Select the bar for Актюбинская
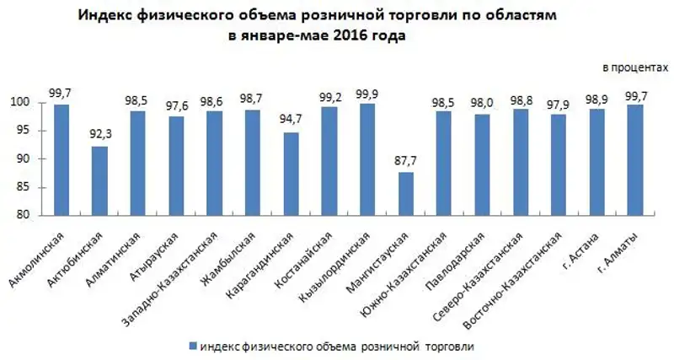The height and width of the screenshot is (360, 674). coord(99,180)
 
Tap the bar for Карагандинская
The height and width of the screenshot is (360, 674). coord(291,174)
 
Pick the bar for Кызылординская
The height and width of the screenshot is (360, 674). coord(367,159)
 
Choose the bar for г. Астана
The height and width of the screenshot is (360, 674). coord(597,162)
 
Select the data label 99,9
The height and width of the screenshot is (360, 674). coord(367,94)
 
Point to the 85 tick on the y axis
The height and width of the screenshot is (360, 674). coord(26,187)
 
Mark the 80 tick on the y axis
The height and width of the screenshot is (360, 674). coord(26,215)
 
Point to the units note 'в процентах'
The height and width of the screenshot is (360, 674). coord(629,66)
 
